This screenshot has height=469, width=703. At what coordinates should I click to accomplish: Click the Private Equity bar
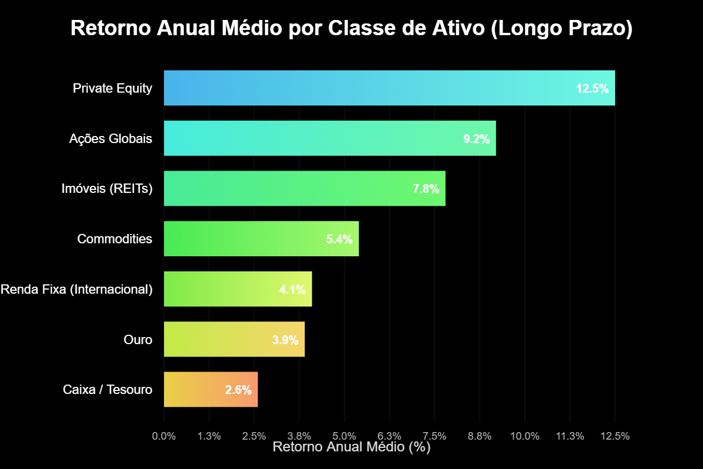click(x=363, y=88)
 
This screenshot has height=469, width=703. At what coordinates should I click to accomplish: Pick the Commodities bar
click(x=246, y=239)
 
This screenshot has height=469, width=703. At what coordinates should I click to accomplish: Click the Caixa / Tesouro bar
click(x=193, y=389)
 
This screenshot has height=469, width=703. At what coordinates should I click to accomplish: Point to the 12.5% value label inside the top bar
click(x=592, y=89)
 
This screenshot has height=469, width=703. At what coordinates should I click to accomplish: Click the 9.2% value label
click(x=476, y=140)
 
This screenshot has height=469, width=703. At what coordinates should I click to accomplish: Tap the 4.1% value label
click(x=292, y=290)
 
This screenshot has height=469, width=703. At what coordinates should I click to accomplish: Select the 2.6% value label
click(x=238, y=390)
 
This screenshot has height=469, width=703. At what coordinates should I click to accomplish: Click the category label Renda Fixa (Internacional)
click(x=77, y=289)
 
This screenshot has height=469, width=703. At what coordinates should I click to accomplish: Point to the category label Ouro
click(x=138, y=339)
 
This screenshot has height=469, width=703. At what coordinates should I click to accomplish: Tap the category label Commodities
click(x=114, y=239)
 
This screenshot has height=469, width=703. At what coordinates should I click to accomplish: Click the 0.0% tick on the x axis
click(x=164, y=436)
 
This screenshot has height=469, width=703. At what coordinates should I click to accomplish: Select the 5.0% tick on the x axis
click(x=344, y=436)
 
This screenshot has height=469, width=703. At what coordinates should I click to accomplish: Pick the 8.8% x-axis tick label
click(x=480, y=436)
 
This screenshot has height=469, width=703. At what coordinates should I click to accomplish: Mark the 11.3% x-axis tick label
click(x=570, y=436)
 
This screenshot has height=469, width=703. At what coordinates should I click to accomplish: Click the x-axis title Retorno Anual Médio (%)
click(x=351, y=447)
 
